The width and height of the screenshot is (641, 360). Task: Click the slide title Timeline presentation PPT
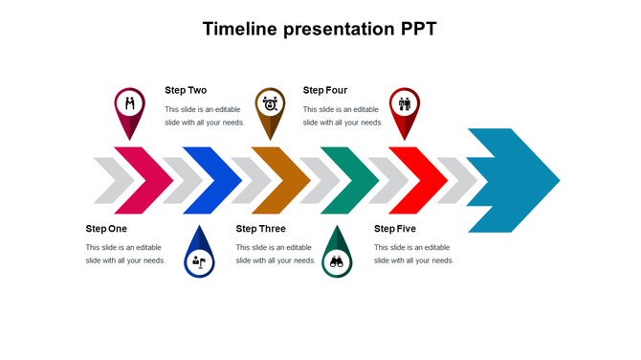point(320,29)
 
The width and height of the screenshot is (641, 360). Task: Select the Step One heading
point(106,229)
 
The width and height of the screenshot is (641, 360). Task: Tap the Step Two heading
point(186,90)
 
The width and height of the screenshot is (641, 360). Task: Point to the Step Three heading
point(260,229)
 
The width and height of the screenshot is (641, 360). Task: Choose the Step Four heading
point(325,90)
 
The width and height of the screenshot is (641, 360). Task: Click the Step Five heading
point(395,229)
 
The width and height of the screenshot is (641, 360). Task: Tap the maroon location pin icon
point(130,105)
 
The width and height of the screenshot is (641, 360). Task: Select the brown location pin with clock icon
point(270,105)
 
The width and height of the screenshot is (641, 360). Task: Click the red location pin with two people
point(405,105)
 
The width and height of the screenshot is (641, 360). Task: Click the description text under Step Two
point(205,116)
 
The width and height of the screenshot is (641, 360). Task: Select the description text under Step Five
point(413,254)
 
